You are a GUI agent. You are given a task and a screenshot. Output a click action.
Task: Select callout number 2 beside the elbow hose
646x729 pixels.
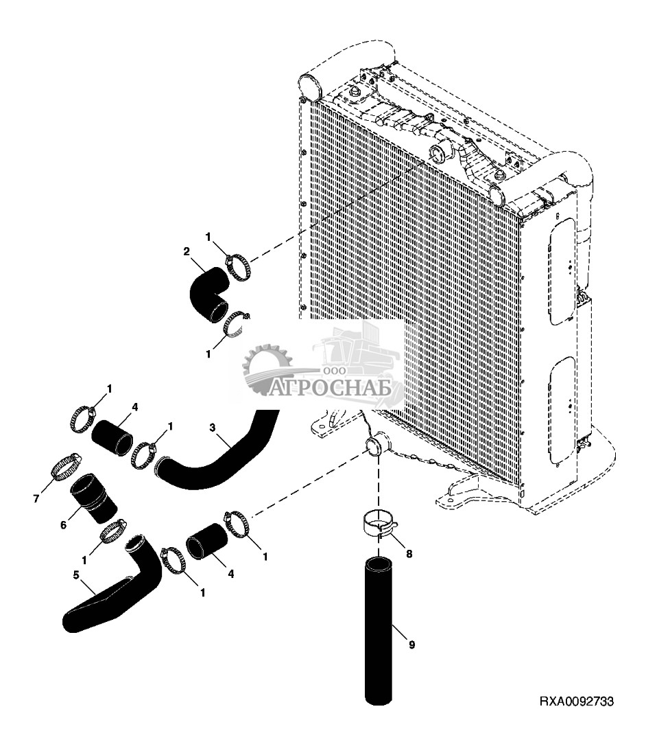click(186, 252)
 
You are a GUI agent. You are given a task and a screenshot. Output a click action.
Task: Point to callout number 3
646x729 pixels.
click(213, 428)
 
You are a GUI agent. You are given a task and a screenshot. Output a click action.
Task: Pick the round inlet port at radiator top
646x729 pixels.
click(438, 152)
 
